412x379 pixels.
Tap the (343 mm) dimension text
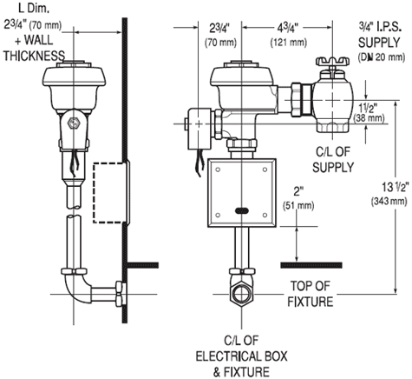389,201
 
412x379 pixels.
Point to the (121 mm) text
288,43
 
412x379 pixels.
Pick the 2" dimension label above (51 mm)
298,191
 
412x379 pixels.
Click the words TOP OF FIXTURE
311,294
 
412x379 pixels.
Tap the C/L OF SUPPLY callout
333,160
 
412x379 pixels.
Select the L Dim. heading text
34,8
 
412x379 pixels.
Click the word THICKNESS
34,56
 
